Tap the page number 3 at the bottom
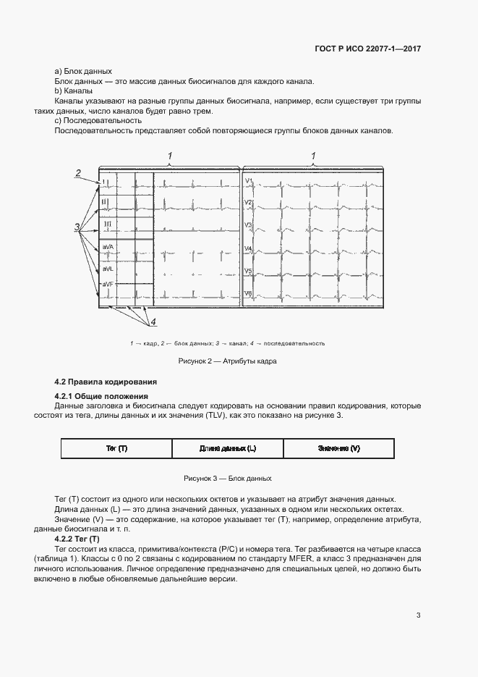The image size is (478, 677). click(x=418, y=615)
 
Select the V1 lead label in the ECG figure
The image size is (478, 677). click(x=248, y=180)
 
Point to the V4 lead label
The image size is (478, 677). click(x=248, y=248)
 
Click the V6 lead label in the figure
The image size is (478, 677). click(x=248, y=293)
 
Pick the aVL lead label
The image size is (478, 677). click(x=108, y=268)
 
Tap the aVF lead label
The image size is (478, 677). click(x=108, y=284)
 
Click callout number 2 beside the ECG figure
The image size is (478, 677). click(x=77, y=172)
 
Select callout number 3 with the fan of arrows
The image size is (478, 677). click(x=77, y=227)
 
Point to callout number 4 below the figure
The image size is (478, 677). click(x=153, y=321)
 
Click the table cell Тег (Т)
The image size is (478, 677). click(x=116, y=449)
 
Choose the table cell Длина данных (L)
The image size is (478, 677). click(x=228, y=449)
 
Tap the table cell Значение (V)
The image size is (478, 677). click(x=338, y=449)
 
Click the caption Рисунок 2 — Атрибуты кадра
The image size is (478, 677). click(x=227, y=361)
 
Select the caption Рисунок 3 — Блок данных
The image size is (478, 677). click(x=227, y=479)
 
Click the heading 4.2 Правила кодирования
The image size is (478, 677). click(x=106, y=382)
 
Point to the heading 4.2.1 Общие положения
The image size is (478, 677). click(x=101, y=396)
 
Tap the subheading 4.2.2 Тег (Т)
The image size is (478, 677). click(x=77, y=539)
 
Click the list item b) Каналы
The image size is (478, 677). click(x=73, y=91)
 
